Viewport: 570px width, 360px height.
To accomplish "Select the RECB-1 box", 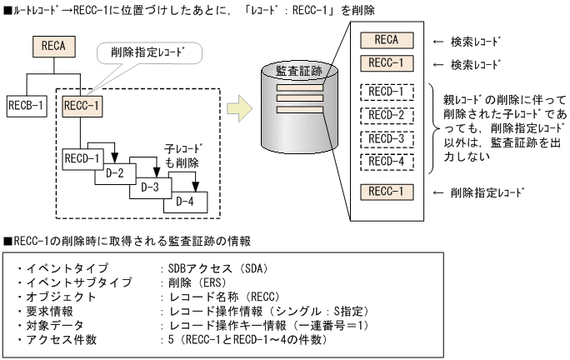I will click(27, 106).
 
